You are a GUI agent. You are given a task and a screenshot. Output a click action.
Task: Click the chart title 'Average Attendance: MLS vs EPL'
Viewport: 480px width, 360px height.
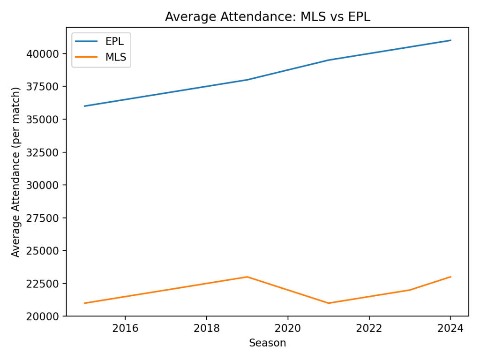pyautogui.click(x=267, y=17)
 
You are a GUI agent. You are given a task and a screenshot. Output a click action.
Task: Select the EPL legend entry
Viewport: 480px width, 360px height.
pyautogui.click(x=114, y=42)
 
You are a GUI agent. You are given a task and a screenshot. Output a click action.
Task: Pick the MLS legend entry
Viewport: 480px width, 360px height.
pyautogui.click(x=115, y=57)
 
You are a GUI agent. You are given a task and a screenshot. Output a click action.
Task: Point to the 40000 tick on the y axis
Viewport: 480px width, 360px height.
pyautogui.click(x=46, y=54)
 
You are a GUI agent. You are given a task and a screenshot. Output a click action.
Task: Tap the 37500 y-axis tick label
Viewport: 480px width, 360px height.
pyautogui.click(x=46, y=87)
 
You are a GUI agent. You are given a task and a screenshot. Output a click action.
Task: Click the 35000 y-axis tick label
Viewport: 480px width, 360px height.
pyautogui.click(x=46, y=120)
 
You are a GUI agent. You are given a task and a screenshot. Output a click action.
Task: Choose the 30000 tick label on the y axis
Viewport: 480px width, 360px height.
pyautogui.click(x=46, y=185)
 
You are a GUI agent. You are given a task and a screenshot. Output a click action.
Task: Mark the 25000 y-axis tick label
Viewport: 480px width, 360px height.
pyautogui.click(x=46, y=251)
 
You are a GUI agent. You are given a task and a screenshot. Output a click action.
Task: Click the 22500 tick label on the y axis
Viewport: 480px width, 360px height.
pyautogui.click(x=46, y=284)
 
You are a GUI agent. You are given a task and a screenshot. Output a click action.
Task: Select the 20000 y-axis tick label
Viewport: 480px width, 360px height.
pyautogui.click(x=46, y=316)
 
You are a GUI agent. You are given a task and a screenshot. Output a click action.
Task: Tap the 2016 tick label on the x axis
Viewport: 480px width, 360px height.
pyautogui.click(x=125, y=328)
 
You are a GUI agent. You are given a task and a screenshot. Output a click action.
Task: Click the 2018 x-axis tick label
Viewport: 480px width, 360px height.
pyautogui.click(x=206, y=328)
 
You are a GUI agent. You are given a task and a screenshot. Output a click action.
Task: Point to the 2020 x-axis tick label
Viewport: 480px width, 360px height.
pyautogui.click(x=288, y=328)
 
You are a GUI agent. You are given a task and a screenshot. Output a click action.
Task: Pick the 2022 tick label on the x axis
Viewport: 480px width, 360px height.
pyautogui.click(x=369, y=328)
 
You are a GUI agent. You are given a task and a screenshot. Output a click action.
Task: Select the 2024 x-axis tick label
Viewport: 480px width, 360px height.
pyautogui.click(x=450, y=328)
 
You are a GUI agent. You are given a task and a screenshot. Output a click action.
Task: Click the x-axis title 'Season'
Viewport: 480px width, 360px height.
pyautogui.click(x=267, y=343)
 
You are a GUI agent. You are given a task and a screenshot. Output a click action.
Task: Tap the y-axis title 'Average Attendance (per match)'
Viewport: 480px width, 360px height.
pyautogui.click(x=16, y=172)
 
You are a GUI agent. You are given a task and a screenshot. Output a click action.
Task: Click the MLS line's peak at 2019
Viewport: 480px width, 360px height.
pyautogui.click(x=247, y=277)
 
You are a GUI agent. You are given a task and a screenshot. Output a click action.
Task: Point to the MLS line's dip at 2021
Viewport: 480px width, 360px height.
pyautogui.click(x=329, y=303)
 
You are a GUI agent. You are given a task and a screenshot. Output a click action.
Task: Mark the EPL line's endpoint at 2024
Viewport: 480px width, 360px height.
pyautogui.click(x=450, y=40)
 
